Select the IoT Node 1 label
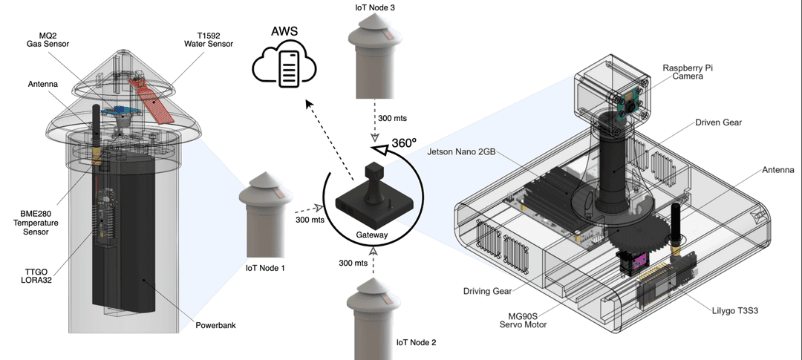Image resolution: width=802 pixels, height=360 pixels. [264, 267]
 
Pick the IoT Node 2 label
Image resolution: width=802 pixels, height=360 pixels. [416, 343]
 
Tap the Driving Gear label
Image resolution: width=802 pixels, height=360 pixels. [487, 291]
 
